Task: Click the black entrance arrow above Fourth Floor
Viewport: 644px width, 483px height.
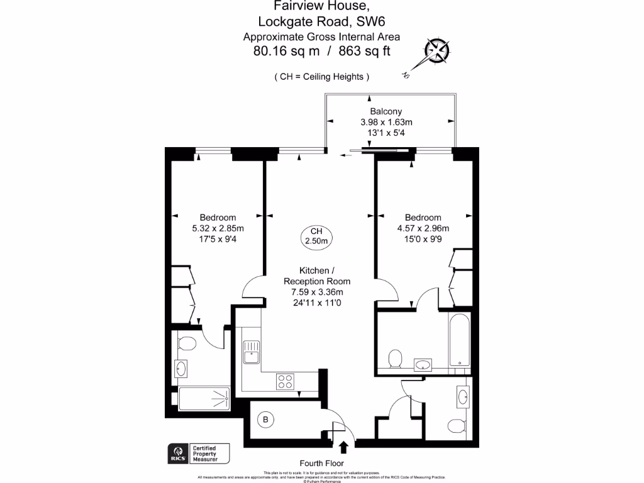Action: click(x=344, y=448)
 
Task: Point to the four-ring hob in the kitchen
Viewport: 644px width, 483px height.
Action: click(x=285, y=380)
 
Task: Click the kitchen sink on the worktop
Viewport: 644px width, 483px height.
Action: click(x=251, y=352)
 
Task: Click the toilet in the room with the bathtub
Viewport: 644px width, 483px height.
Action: click(x=395, y=360)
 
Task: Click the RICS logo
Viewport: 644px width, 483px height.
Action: click(x=177, y=452)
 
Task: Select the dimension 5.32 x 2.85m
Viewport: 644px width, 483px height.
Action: click(x=218, y=228)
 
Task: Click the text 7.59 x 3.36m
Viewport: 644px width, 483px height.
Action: click(x=317, y=292)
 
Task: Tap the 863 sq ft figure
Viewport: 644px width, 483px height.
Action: click(x=364, y=51)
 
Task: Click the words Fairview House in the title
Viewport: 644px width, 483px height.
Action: click(x=321, y=6)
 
